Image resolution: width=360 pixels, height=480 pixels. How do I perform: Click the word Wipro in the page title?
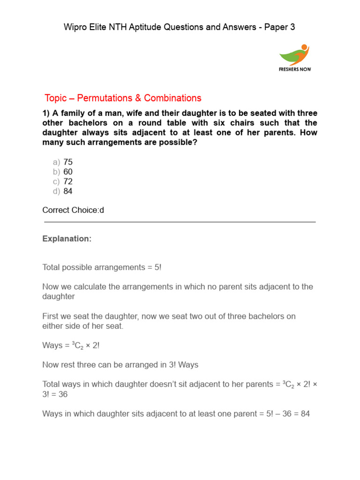[75, 27]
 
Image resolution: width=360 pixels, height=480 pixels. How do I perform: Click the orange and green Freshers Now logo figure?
[294, 54]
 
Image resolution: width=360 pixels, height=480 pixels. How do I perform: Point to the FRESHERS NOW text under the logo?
[294, 69]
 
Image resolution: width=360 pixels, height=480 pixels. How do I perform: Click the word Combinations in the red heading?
[172, 98]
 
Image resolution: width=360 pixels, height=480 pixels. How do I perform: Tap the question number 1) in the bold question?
[46, 113]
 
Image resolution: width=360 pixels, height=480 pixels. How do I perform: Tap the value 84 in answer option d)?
[68, 191]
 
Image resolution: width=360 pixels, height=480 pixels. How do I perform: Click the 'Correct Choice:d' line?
[73, 210]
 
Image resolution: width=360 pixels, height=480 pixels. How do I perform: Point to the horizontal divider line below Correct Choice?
[179, 222]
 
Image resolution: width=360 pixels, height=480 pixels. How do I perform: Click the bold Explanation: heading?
[67, 239]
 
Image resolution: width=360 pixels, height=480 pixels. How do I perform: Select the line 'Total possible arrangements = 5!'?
[102, 267]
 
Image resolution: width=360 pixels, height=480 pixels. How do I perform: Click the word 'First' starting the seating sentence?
[51, 316]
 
